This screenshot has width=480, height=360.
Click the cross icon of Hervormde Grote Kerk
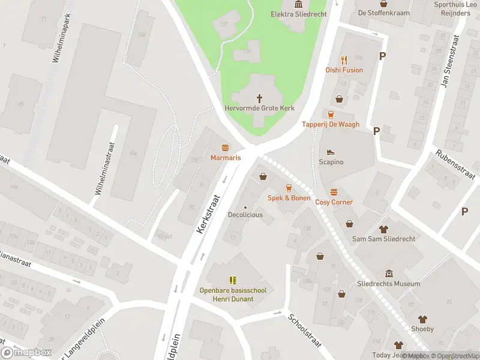coord(260,98)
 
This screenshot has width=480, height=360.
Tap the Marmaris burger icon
coord(226,148)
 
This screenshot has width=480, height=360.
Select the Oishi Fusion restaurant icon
coord(344,60)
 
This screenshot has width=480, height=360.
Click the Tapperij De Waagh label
coord(331,125)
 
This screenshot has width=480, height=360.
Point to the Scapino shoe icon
coord(331,152)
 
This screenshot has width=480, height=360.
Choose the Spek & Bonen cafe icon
coord(289,188)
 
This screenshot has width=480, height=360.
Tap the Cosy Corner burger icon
coord(334,192)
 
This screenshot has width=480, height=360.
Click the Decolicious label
coord(245,215)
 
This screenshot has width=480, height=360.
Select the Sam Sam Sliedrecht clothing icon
coord(383,229)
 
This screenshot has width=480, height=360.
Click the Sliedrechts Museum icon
coord(389,274)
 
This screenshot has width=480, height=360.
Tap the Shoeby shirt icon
coord(422,319)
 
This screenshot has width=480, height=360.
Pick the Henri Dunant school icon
coord(233,280)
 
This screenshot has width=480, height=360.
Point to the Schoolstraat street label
coord(304,331)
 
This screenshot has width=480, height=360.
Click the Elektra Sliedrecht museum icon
coord(298,4)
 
